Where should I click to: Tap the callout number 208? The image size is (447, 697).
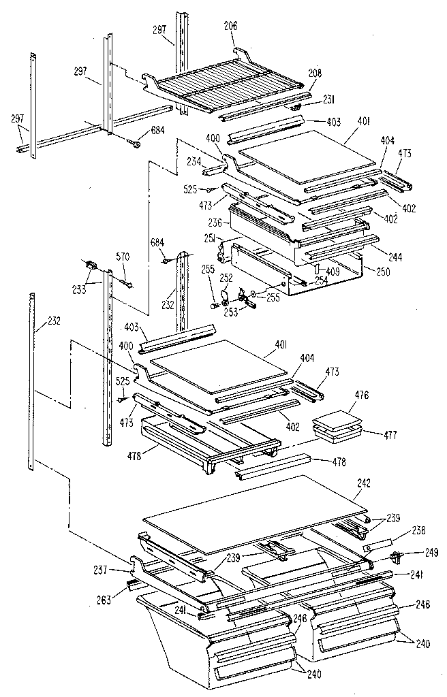[x=315, y=73]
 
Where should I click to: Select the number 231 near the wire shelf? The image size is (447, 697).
[x=328, y=99]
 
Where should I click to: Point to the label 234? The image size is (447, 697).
[x=194, y=161]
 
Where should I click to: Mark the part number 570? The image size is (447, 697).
[x=123, y=257]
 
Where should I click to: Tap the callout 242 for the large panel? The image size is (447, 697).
[x=365, y=484]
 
